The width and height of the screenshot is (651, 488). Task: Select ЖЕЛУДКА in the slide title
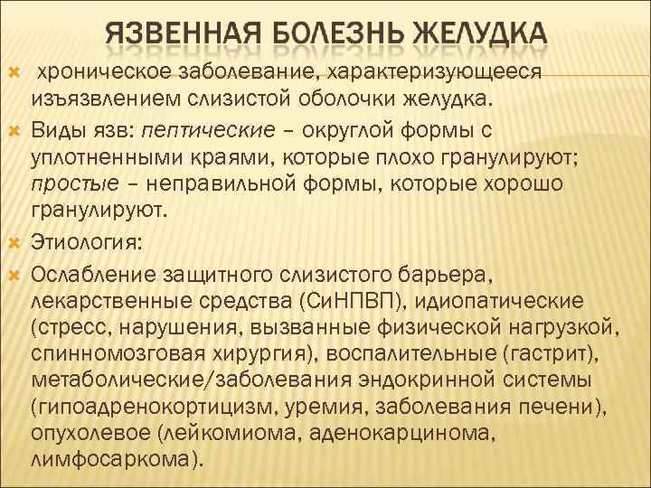[x=479, y=33]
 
